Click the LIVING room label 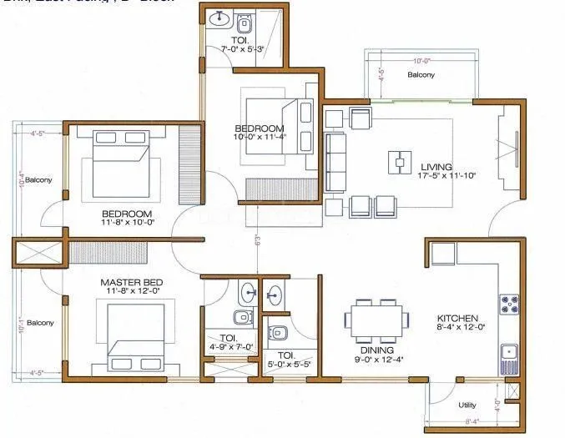[436, 165]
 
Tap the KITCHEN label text [458, 318]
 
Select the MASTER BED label [131, 283]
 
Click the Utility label [467, 405]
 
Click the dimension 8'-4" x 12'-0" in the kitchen [457, 329]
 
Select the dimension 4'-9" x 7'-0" [230, 346]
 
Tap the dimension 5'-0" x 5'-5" [288, 363]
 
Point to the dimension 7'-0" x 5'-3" [243, 50]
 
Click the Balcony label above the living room [421, 75]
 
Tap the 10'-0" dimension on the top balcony [419, 59]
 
